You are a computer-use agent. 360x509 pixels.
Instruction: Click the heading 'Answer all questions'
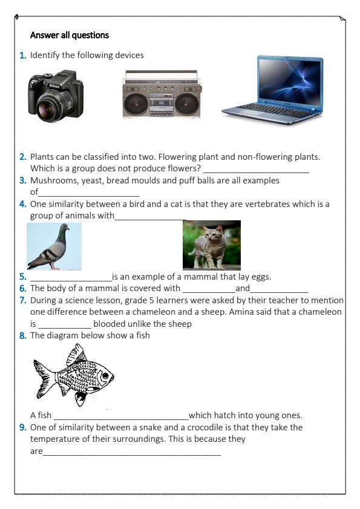click(70, 35)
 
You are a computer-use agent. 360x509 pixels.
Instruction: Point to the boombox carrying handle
click(160, 73)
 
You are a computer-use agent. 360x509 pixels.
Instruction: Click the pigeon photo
click(54, 246)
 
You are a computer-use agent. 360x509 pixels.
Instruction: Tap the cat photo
click(211, 245)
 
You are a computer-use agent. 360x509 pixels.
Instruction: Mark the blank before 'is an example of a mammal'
click(71, 278)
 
